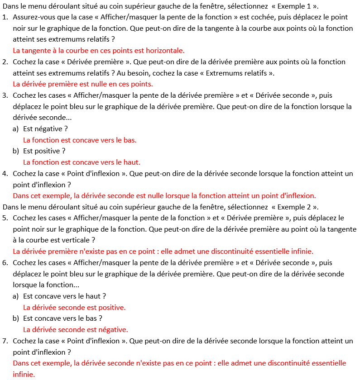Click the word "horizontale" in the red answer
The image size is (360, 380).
166,51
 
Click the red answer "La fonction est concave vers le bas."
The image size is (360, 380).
80,140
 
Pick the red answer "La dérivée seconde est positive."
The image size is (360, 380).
74,307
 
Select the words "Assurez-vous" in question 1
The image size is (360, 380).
34,17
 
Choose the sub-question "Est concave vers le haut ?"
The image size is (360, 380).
65,296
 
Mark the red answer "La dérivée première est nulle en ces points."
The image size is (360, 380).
83,84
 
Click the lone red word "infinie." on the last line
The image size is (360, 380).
24,374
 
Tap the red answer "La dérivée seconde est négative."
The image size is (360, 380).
76,329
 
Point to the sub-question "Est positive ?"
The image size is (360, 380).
44,151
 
